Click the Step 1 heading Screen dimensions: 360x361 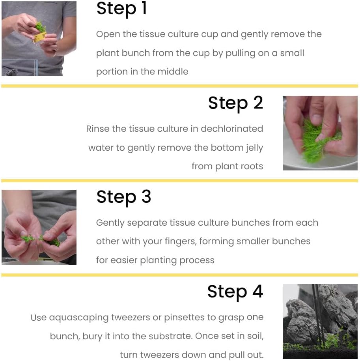[121, 9]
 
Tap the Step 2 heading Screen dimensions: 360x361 [235, 103]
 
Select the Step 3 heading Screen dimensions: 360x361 [124, 198]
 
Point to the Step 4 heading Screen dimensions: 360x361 [235, 292]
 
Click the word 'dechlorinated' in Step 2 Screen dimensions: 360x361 [232, 129]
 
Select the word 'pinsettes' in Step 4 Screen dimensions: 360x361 [184, 318]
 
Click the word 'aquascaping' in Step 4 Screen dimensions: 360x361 [79, 318]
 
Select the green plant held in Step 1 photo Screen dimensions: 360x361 [41, 27]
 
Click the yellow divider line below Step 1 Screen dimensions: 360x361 [180, 86]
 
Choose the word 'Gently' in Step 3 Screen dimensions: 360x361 [110, 223]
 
